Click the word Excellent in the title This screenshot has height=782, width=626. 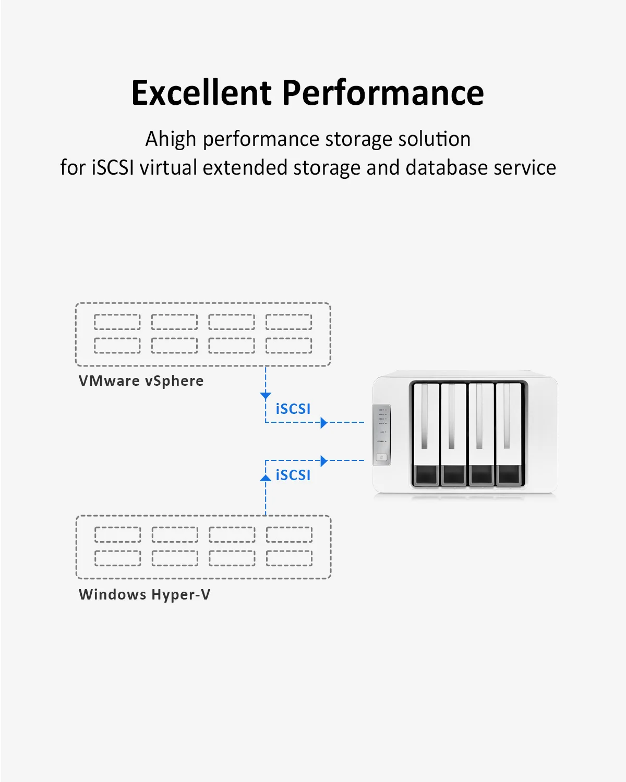point(201,93)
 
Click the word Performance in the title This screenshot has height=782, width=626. point(383,93)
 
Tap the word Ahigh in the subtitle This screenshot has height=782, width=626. point(171,139)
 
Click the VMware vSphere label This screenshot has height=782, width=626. point(141,381)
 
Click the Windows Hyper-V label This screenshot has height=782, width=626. point(145,594)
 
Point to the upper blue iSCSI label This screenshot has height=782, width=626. point(293,409)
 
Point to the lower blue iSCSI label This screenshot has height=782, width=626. point(293,475)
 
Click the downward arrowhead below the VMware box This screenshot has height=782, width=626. point(266,396)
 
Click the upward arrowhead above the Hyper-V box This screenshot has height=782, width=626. point(266,477)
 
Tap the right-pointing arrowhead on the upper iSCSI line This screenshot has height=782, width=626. point(324,422)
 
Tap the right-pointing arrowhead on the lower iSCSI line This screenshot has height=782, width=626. point(324,460)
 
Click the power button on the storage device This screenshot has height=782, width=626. point(382,458)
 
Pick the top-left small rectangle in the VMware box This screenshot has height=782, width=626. point(117,322)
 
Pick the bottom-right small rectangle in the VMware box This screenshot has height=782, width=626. point(288,345)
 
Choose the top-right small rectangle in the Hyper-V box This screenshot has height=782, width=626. point(289,534)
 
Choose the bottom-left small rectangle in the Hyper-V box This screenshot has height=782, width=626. point(118,558)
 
